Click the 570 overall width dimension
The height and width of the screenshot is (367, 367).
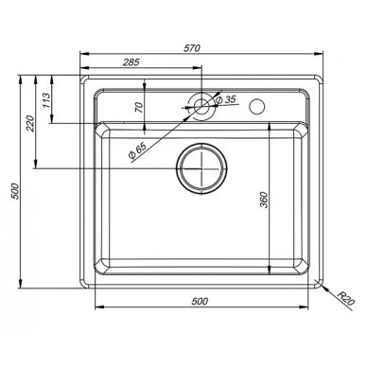tap(192, 48)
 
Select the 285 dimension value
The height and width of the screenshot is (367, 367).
tap(131, 62)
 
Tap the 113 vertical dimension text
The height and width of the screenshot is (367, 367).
tap(46, 100)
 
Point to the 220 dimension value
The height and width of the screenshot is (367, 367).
tap(29, 123)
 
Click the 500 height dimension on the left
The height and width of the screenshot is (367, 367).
tap(16, 191)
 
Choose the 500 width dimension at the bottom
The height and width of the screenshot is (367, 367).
tap(200, 302)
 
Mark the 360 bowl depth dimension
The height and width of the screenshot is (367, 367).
tap(264, 200)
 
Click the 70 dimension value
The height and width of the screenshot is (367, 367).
tap(139, 107)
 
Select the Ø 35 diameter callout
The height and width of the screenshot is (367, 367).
tap(225, 99)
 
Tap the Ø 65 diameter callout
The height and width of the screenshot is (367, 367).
tap(137, 150)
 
